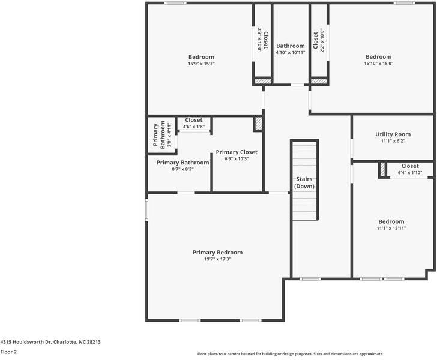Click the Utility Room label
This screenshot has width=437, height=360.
coord(393,134)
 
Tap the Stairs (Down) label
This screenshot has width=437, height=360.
coord(304,182)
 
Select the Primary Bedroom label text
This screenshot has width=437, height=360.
coord(217,253)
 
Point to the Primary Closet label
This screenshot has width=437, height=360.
coord(237,152)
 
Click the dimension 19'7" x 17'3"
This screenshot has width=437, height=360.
coord(217,259)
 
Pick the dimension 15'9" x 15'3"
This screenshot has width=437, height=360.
coord(201,64)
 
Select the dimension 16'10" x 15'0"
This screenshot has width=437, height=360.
coord(379,64)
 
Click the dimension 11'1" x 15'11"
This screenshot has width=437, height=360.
coord(391,228)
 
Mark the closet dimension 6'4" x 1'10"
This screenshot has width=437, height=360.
coord(410,173)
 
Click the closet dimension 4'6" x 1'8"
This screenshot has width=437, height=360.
coord(194,127)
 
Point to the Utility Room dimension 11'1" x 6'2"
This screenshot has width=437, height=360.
coord(393,141)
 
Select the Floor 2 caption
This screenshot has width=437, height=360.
coord(8,352)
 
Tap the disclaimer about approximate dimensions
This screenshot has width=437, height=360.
coord(291,354)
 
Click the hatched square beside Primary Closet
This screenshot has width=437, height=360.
coord(259,123)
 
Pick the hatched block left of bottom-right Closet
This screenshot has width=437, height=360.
coord(381,170)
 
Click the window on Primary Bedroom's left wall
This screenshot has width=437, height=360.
coord(146,210)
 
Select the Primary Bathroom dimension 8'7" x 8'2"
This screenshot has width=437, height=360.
coord(182,169)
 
